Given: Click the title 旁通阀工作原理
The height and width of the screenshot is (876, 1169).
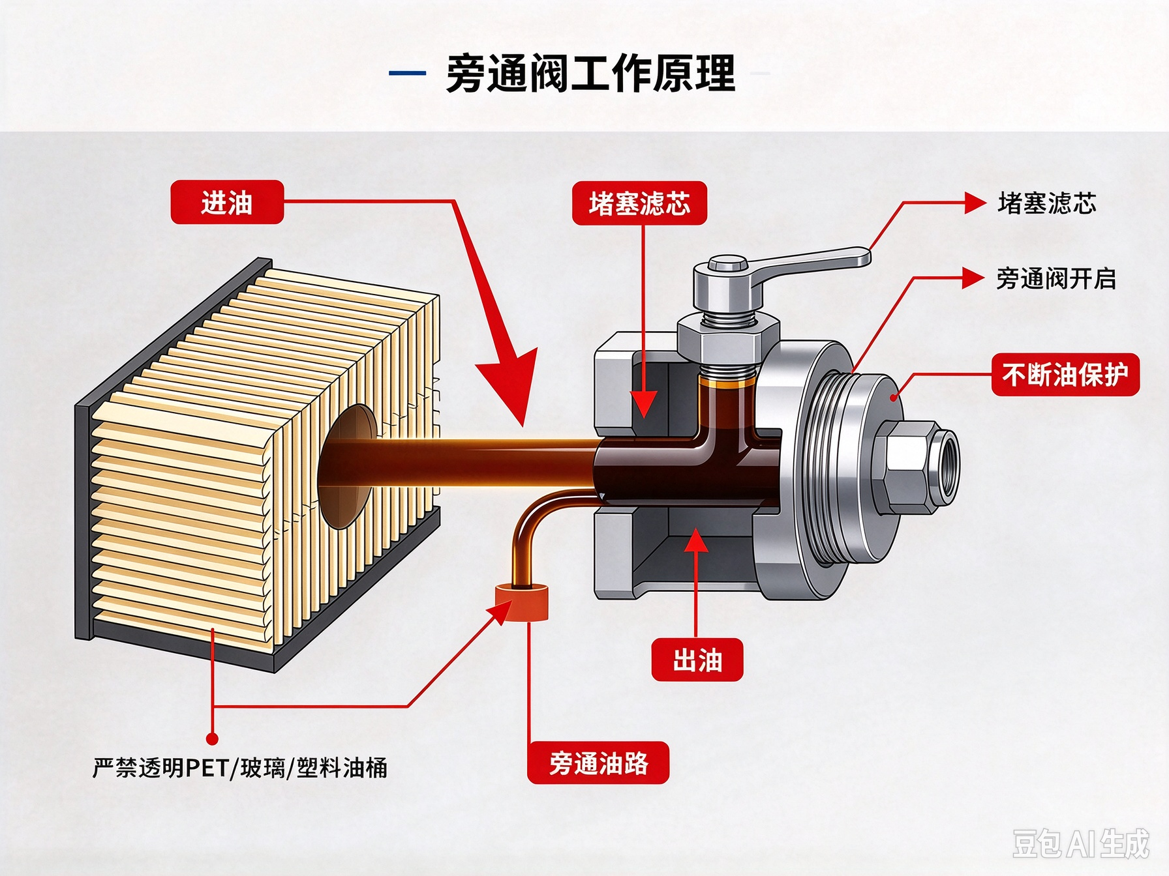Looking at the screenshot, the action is click(x=590, y=73).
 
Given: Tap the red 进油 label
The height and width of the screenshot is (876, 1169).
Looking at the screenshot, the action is click(x=227, y=202).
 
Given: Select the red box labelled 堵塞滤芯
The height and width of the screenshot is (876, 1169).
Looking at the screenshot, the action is click(x=639, y=203).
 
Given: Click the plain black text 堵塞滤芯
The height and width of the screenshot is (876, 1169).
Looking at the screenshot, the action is click(x=1046, y=203).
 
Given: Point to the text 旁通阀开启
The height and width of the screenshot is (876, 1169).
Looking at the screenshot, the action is click(x=1056, y=279).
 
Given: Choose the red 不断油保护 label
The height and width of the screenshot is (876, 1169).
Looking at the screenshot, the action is click(x=1065, y=375).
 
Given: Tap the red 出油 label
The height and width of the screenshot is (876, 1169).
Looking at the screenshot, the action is click(x=697, y=660).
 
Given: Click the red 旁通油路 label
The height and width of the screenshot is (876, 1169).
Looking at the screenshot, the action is click(x=598, y=763).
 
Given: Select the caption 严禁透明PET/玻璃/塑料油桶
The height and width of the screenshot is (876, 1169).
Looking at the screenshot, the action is click(x=240, y=768).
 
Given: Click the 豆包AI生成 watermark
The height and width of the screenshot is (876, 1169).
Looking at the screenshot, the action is click(x=1080, y=843).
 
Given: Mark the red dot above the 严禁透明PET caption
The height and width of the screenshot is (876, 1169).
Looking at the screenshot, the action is click(x=212, y=738).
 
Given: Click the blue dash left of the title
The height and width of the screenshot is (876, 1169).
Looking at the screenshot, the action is click(x=408, y=73).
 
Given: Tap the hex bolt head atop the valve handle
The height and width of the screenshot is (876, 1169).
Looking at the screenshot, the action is click(x=727, y=264).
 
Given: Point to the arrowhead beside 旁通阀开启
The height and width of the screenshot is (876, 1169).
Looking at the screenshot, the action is click(x=974, y=278).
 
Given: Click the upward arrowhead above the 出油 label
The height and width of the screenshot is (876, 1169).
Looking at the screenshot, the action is click(x=696, y=540).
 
